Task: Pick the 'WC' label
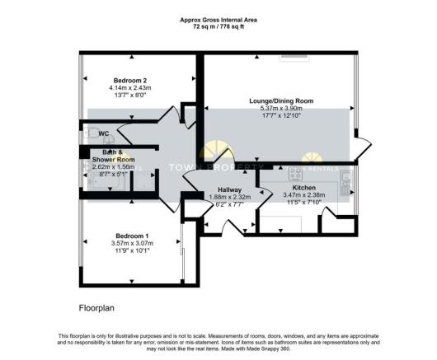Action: pyautogui.click(x=104, y=133)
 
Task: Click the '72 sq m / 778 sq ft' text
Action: pyautogui.click(x=218, y=27)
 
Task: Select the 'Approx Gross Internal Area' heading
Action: pyautogui.click(x=218, y=20)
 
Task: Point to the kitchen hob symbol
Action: pyautogui.click(x=296, y=173)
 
